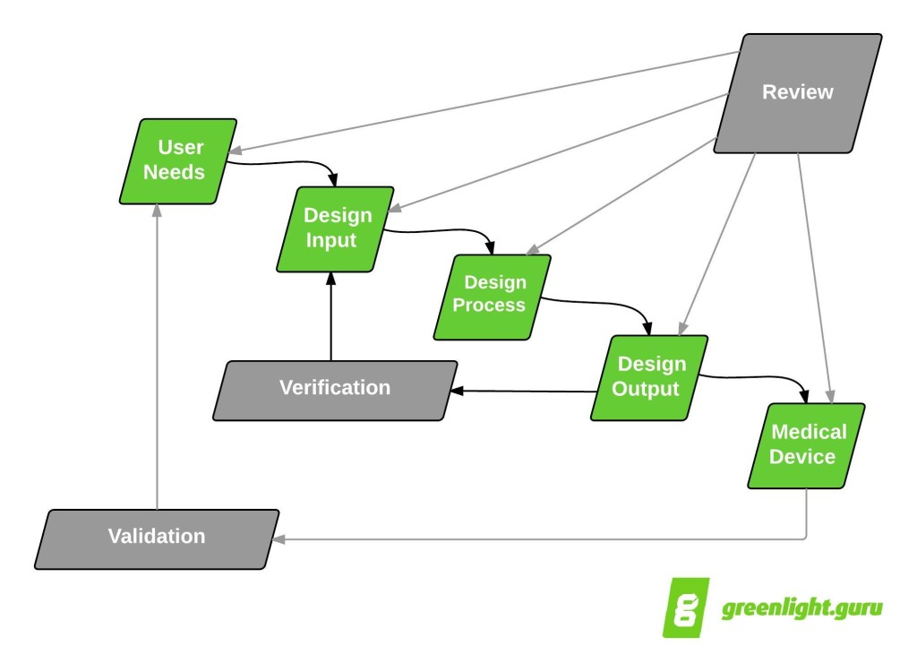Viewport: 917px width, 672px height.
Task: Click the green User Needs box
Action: coord(177,160)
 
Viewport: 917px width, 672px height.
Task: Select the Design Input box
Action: coord(335,228)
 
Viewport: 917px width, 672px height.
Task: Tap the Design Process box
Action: coord(492,297)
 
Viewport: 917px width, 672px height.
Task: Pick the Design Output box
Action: coord(649,377)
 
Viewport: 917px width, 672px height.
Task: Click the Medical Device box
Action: coord(807,445)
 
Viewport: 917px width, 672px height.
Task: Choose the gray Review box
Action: coord(797,92)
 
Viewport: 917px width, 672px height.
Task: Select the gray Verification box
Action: coord(335,390)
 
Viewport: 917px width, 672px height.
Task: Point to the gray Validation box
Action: coord(157,538)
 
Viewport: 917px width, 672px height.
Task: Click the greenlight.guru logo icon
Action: coord(686,607)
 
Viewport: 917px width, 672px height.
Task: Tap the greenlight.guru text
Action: coord(801,608)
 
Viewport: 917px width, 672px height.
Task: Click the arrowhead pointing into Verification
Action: coord(456,392)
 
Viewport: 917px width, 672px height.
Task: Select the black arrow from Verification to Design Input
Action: coord(331,318)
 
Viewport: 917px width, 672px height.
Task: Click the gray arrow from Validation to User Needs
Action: coord(157,358)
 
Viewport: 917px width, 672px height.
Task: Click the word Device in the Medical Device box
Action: coord(802,457)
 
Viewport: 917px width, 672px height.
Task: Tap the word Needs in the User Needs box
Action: coord(175,172)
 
